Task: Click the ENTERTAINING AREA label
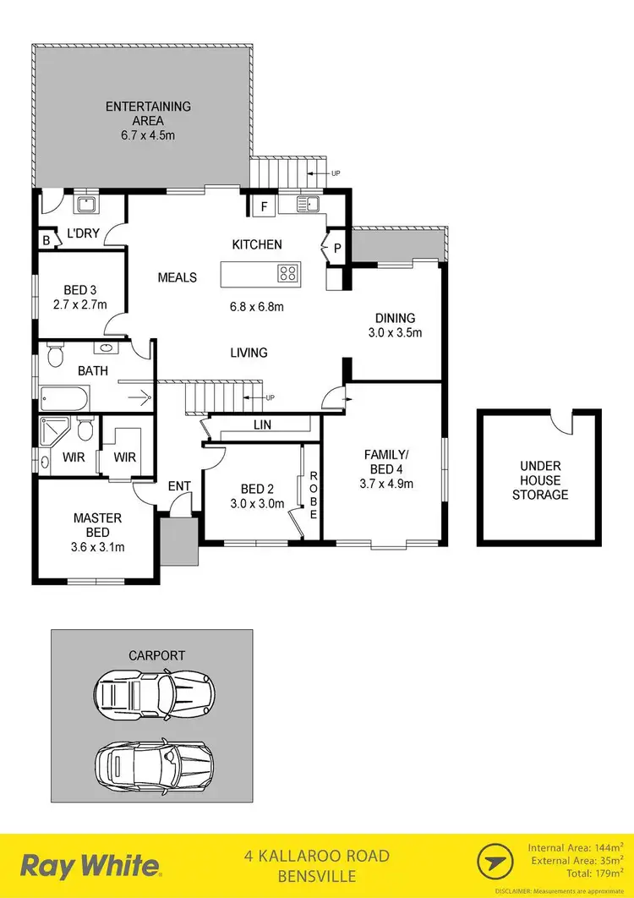(148, 113)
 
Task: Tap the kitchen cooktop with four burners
(287, 273)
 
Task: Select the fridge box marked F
(263, 205)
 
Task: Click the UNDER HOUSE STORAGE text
(540, 480)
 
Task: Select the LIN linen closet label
(261, 424)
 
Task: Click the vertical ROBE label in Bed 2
(312, 490)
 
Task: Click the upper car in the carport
(152, 693)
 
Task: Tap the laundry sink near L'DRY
(85, 204)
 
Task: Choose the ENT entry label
(178, 485)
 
